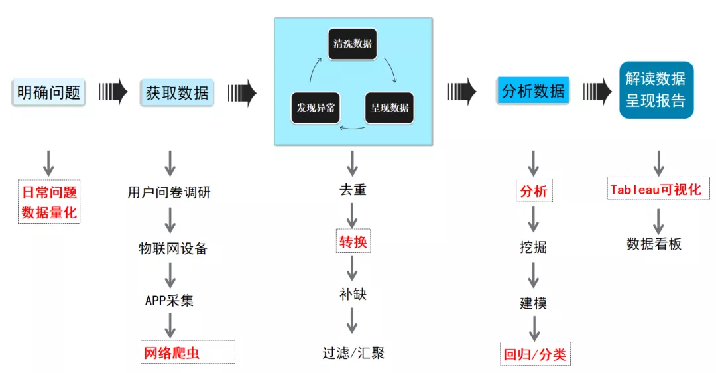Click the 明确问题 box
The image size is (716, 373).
(x=48, y=92)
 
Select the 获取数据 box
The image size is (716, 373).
(x=177, y=92)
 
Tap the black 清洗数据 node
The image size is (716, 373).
(x=352, y=45)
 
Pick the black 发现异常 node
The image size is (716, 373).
(x=316, y=107)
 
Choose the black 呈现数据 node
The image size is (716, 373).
(x=389, y=107)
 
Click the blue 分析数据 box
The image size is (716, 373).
(x=533, y=90)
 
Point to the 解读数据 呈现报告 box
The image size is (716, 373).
(x=656, y=90)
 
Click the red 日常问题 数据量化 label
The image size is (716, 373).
(x=49, y=202)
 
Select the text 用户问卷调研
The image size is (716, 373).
(x=169, y=192)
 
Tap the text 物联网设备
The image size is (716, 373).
(x=172, y=248)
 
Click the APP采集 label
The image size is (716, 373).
(x=170, y=300)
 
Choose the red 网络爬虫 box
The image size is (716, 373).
(x=188, y=352)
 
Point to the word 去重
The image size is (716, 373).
(x=352, y=190)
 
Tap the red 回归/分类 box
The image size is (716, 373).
(x=535, y=354)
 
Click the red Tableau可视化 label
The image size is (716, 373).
(x=658, y=189)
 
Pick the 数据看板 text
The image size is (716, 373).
(x=654, y=244)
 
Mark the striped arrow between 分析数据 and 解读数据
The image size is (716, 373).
(x=597, y=91)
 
